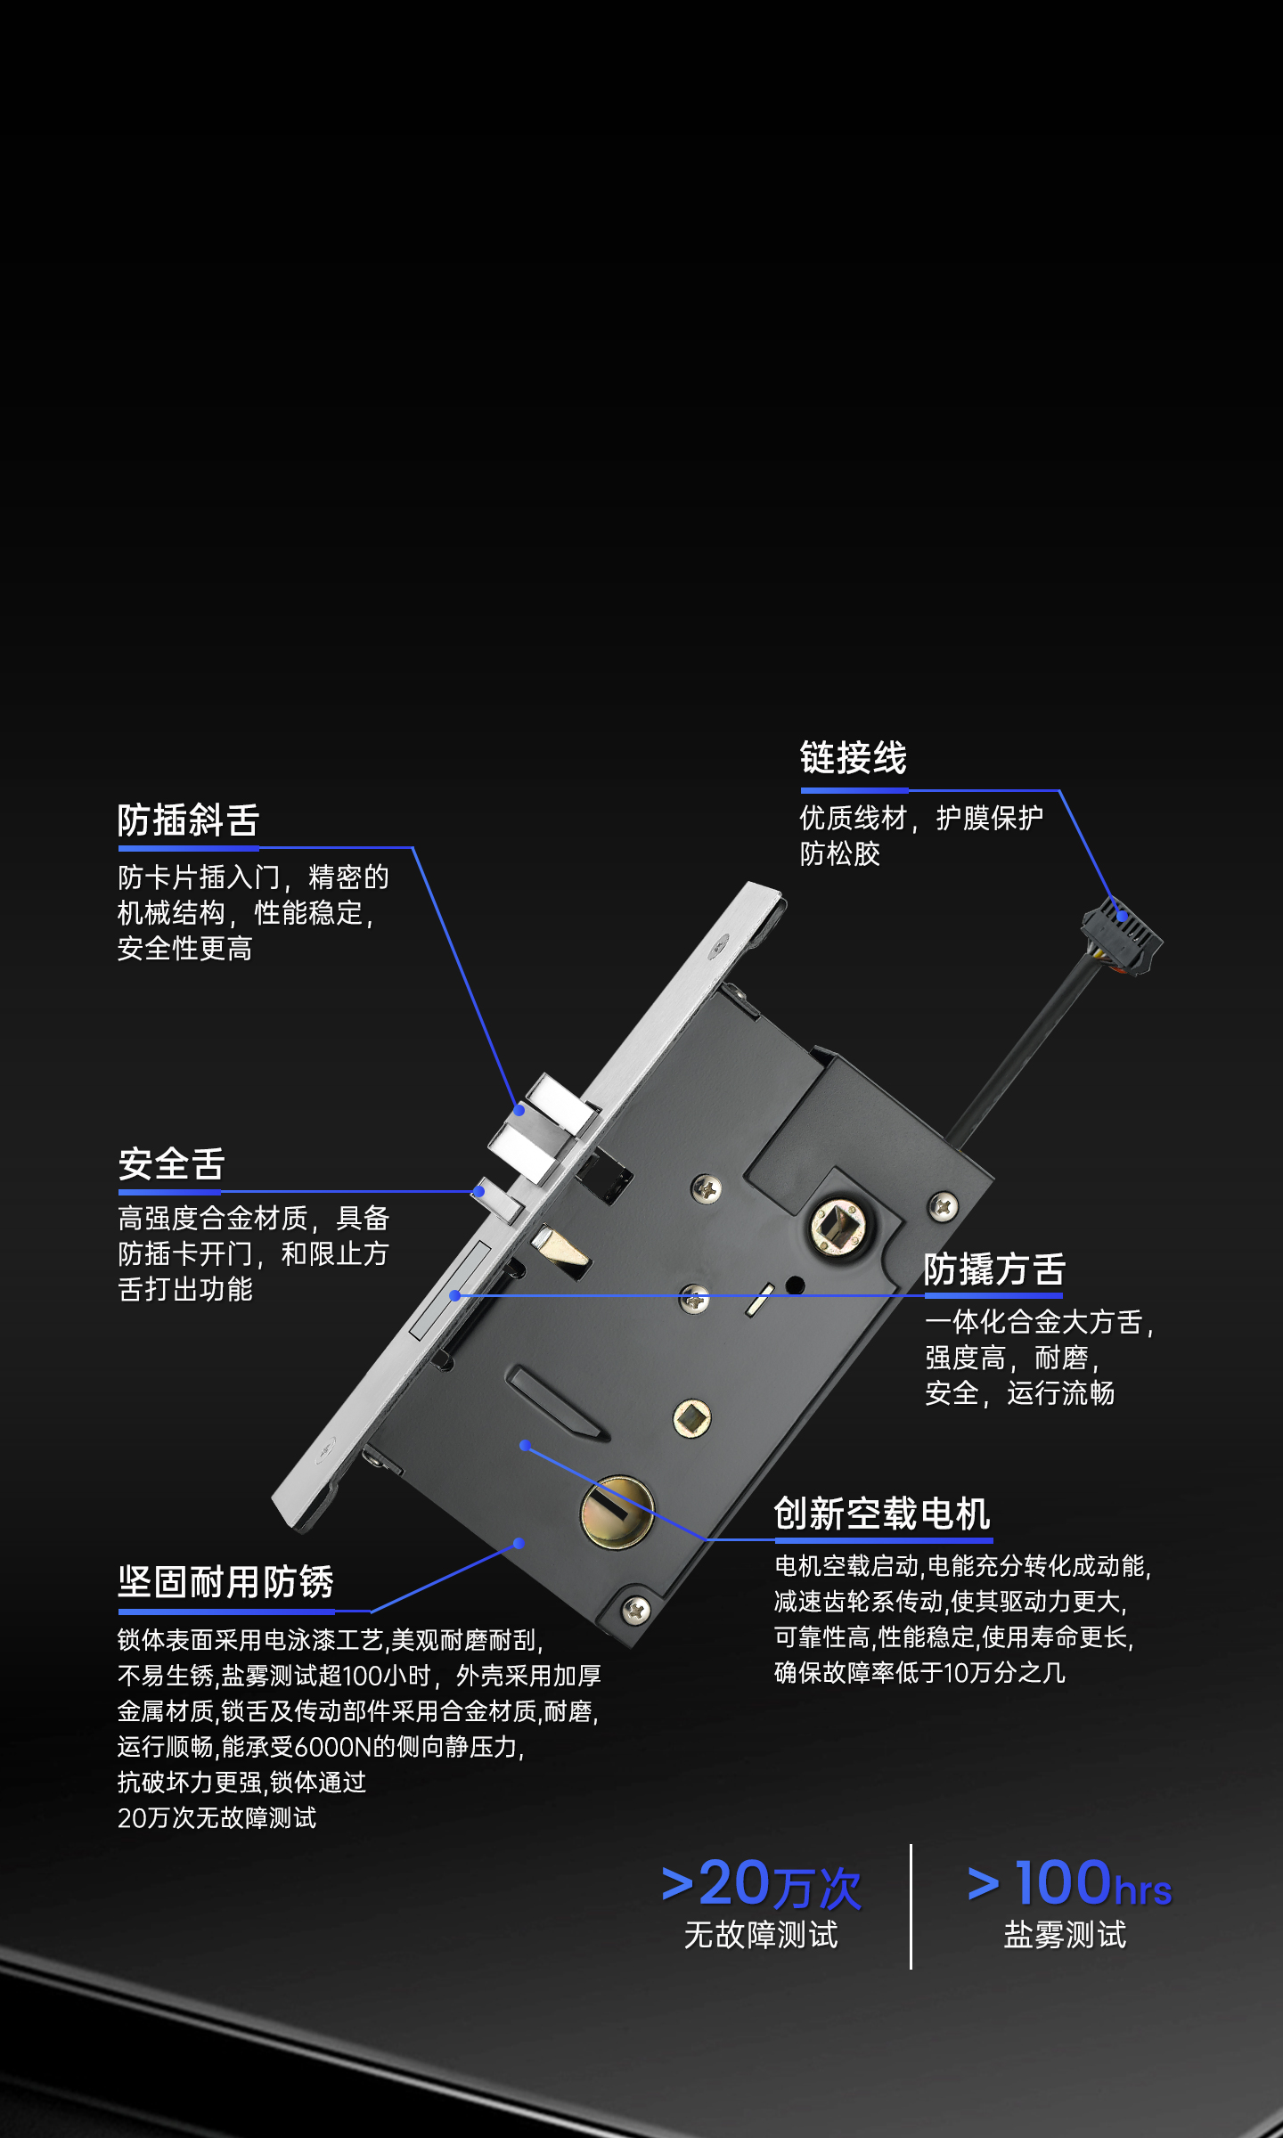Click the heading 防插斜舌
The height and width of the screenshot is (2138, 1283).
[188, 820]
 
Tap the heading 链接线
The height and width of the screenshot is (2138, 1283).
[854, 758]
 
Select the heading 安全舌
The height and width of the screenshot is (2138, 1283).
[171, 1164]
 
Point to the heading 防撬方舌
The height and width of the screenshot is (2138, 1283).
[994, 1269]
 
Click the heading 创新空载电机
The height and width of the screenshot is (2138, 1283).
[882, 1514]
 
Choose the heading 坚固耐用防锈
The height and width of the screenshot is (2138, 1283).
[225, 1582]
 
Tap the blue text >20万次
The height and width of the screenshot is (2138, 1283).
[762, 1884]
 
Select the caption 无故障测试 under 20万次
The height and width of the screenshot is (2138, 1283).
[761, 1935]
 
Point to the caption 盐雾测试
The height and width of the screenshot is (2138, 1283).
[1066, 1935]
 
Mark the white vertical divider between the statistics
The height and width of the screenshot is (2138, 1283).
[911, 1906]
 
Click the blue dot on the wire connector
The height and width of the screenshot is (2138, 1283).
[1123, 916]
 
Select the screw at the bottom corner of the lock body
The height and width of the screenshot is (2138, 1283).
[635, 1609]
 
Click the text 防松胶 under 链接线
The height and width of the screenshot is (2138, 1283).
[840, 854]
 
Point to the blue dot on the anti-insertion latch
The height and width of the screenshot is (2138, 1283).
[519, 1110]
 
